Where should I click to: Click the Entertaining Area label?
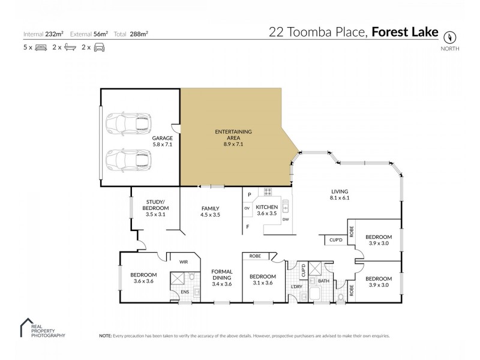(x=233, y=137)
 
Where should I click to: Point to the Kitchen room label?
(x=268, y=209)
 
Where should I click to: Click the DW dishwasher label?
(x=286, y=220)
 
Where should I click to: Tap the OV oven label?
(x=247, y=208)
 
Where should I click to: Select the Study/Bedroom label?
(x=155, y=208)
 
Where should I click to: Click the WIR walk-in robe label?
(x=184, y=262)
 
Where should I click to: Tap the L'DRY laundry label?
(x=296, y=286)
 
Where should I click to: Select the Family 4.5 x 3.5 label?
(x=210, y=211)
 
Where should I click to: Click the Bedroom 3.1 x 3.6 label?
(x=262, y=280)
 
